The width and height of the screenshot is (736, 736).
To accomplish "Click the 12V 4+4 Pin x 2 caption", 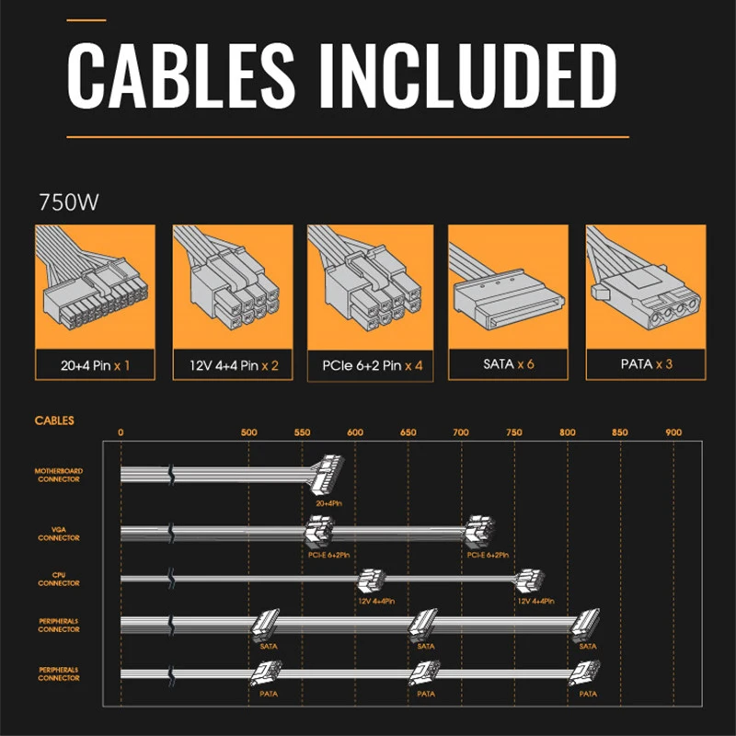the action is (233, 365).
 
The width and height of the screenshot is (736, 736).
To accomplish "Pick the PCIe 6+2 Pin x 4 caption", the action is (370, 365).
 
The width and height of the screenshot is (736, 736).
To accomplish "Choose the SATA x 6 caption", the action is (508, 364).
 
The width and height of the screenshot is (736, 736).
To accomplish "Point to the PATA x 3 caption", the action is (645, 364).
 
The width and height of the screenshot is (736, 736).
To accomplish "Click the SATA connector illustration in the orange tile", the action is (508, 294).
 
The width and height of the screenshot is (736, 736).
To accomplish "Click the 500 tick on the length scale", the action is (248, 432).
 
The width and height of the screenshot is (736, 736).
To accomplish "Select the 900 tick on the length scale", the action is (673, 432).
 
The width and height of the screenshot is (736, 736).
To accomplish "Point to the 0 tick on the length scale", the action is (121, 432).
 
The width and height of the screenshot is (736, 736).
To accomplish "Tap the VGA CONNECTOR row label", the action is (58, 534).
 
